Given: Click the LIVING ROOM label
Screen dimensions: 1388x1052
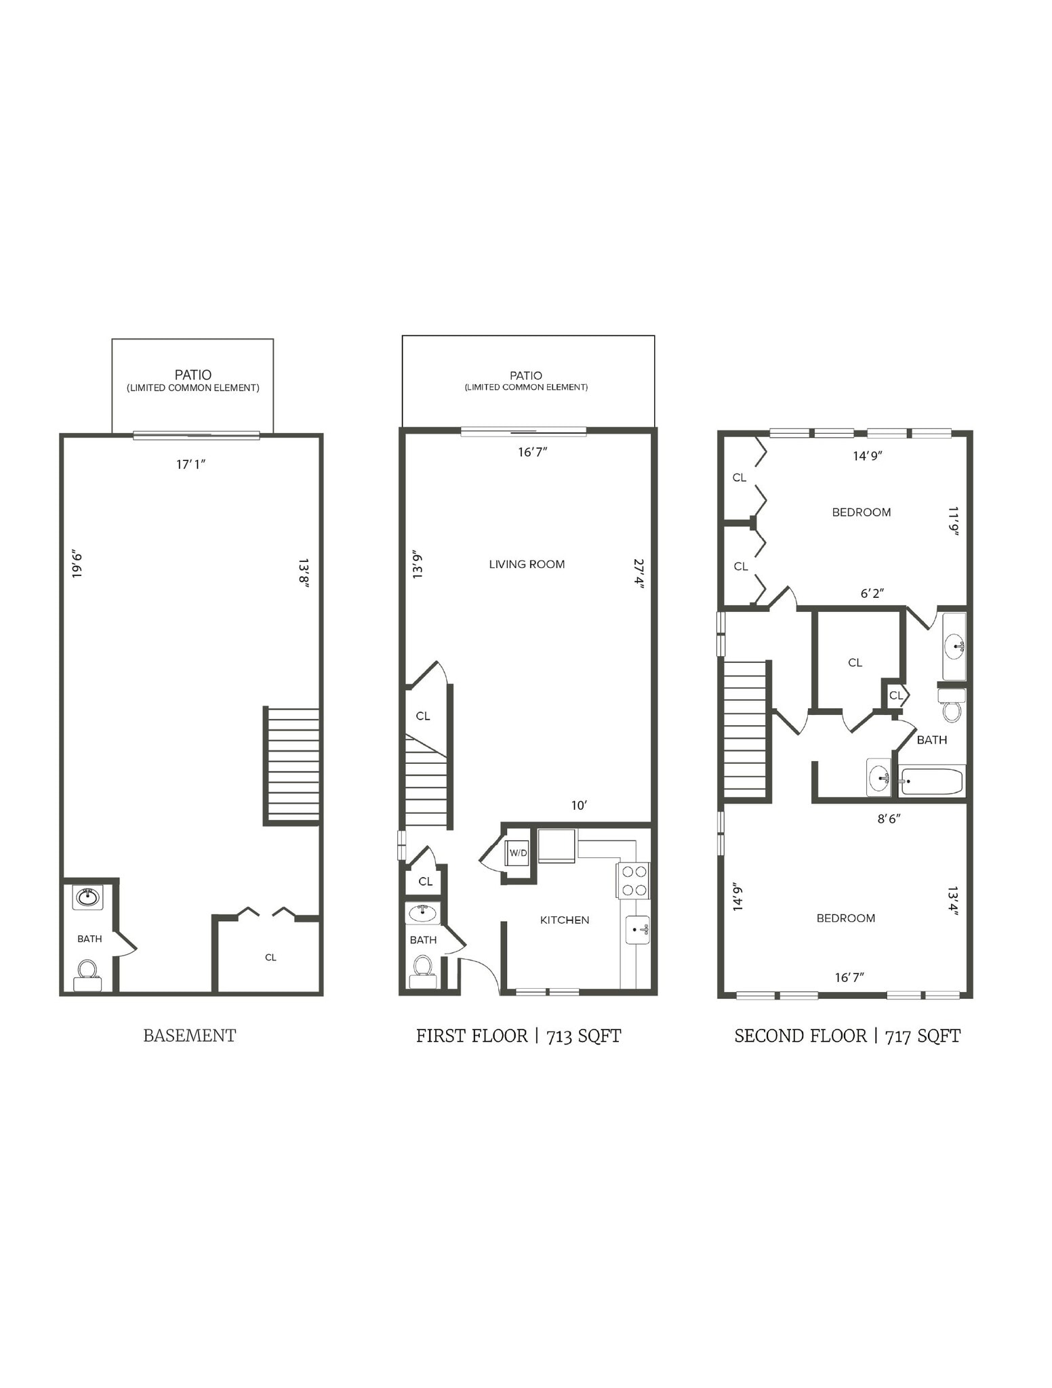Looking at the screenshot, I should pos(527,564).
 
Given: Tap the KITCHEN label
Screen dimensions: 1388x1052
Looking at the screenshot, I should pos(564,920).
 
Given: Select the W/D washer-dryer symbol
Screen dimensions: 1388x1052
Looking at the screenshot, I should pos(517,853).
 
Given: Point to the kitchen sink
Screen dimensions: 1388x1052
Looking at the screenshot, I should pos(637,930).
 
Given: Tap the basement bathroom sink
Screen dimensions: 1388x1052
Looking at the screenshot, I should pos(88,897).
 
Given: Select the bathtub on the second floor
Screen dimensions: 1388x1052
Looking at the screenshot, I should pos(931,781).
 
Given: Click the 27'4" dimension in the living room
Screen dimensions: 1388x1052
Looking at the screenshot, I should pos(638,573).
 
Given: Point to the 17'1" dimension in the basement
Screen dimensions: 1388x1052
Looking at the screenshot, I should pos(190,464).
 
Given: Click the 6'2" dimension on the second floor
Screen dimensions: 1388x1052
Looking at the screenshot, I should pos(872,593).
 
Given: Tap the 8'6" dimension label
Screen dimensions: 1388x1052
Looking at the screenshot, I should pos(889,819).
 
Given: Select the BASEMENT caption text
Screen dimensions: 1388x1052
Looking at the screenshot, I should pos(189,1036).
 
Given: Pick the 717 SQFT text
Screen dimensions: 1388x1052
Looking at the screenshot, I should pos(923,1036).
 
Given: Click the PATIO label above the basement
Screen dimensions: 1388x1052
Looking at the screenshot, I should pos(193,375).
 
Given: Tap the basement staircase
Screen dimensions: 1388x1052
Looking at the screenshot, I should pos(293,764).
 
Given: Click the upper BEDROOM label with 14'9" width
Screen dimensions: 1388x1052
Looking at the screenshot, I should pos(861,512).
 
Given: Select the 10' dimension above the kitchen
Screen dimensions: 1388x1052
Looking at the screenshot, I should pos(578,805).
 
